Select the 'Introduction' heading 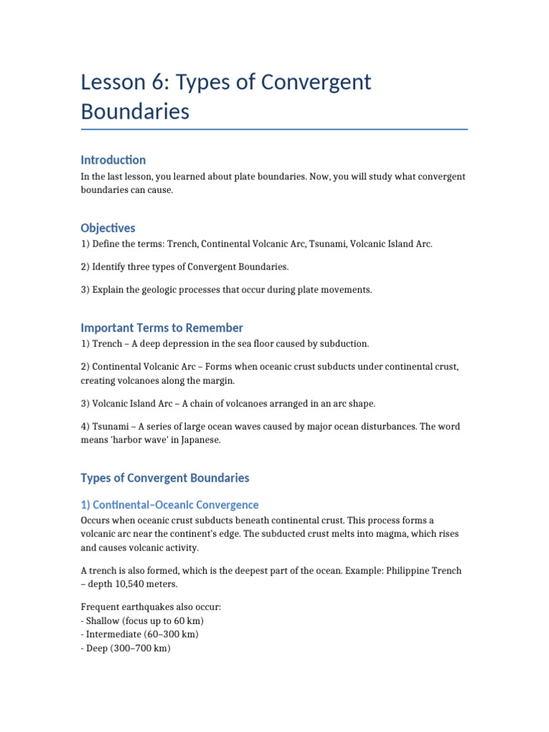(x=113, y=159)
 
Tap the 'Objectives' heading (x=108, y=228)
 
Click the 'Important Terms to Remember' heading (x=162, y=327)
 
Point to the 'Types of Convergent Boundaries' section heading (x=164, y=478)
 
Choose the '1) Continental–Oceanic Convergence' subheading (x=169, y=505)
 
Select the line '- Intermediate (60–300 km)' (x=139, y=635)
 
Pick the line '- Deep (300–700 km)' (x=125, y=649)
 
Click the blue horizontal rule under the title (x=274, y=129)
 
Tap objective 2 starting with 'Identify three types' (x=184, y=267)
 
